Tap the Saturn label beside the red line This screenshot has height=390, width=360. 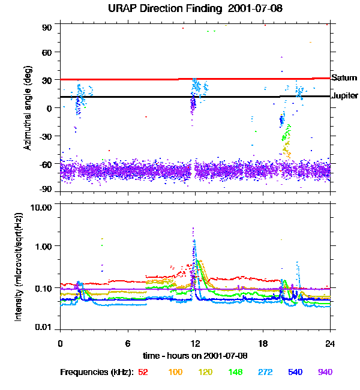344,77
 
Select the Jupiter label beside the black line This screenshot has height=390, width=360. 345,95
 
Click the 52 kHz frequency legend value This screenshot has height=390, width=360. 143,372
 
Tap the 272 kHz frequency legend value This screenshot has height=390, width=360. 266,372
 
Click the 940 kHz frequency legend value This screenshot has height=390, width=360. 325,372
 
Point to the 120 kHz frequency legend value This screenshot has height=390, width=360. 205,372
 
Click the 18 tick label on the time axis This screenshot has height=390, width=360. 262,343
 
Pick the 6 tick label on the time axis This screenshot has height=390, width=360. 127,343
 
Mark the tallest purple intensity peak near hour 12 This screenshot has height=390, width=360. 193,229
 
